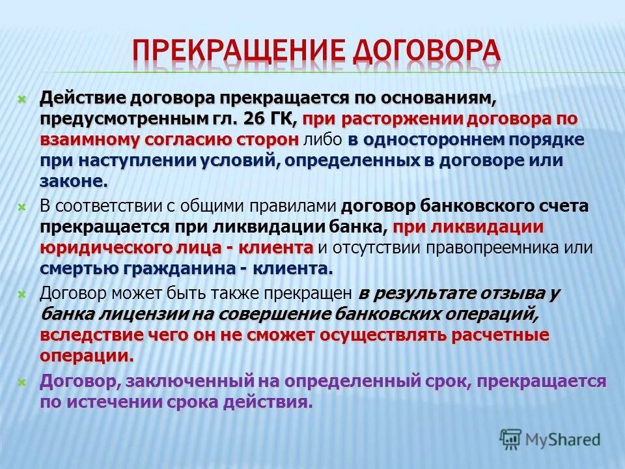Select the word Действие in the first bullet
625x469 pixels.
tap(83, 98)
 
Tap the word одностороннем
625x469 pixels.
tap(430, 140)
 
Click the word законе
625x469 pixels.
tap(72, 181)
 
